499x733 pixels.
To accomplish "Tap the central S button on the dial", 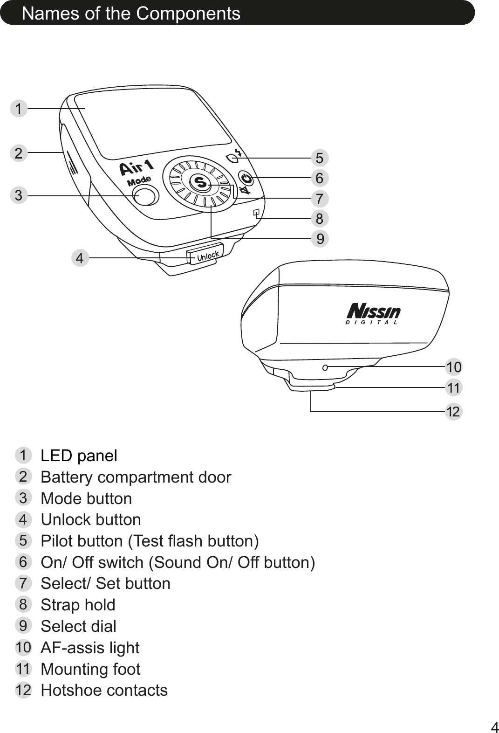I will (x=201, y=182).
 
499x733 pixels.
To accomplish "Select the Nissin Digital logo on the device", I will (x=373, y=314).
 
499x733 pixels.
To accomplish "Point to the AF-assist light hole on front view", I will (x=325, y=367).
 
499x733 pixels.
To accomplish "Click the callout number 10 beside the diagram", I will (x=454, y=367).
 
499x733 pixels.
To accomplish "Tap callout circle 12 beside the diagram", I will (x=454, y=412).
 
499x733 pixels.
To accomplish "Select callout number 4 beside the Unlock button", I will (x=81, y=257).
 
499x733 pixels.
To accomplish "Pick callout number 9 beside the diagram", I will (x=320, y=239).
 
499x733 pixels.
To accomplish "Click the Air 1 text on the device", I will (x=137, y=166).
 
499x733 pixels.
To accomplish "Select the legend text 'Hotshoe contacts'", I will (x=104, y=690).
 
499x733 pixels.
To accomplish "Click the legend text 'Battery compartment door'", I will (x=136, y=477).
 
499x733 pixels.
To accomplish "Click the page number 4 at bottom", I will (x=494, y=726).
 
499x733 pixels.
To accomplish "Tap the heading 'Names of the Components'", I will (x=131, y=14).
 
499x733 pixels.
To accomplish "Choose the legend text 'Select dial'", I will (x=78, y=626).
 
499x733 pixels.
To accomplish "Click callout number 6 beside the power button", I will (x=319, y=178).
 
